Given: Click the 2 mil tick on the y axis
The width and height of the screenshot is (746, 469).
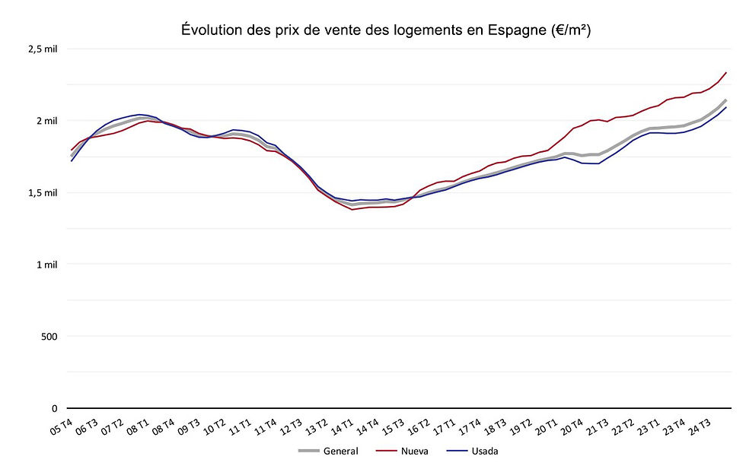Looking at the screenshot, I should coord(47,120).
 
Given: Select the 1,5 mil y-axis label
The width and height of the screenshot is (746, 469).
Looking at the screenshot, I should coord(44,192).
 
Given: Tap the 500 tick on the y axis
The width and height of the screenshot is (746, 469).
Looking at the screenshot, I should coord(50,336).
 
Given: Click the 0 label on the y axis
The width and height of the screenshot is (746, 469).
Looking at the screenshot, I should coord(55,408).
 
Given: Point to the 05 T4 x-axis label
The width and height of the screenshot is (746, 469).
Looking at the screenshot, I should coord(61,427).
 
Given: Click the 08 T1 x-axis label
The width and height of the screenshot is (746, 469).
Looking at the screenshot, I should coord(138,427).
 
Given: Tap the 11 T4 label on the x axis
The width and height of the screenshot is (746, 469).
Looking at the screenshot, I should coord(266,427).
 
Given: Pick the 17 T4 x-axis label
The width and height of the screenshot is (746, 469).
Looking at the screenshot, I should coord(470,427).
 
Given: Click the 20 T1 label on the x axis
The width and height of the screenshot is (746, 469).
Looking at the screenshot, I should coord(547,427).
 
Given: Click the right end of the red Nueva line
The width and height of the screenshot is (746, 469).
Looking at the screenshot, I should coord(726,73).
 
